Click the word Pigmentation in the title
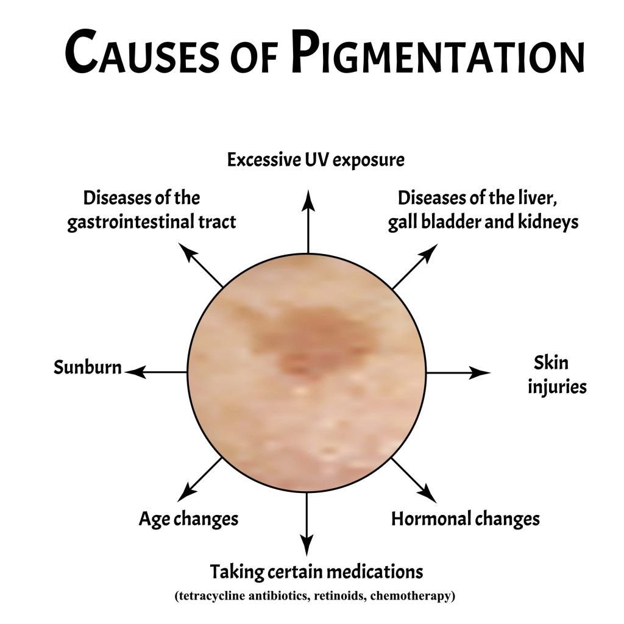click(x=438, y=52)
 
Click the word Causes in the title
click(x=142, y=52)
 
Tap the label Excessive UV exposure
click(x=316, y=160)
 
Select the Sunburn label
click(x=88, y=367)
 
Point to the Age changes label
click(x=189, y=519)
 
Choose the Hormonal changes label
click(x=465, y=519)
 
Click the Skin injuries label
click(x=557, y=375)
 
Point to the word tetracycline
click(x=210, y=596)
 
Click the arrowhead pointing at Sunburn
click(x=135, y=372)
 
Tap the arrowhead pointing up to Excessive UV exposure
click(x=308, y=200)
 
